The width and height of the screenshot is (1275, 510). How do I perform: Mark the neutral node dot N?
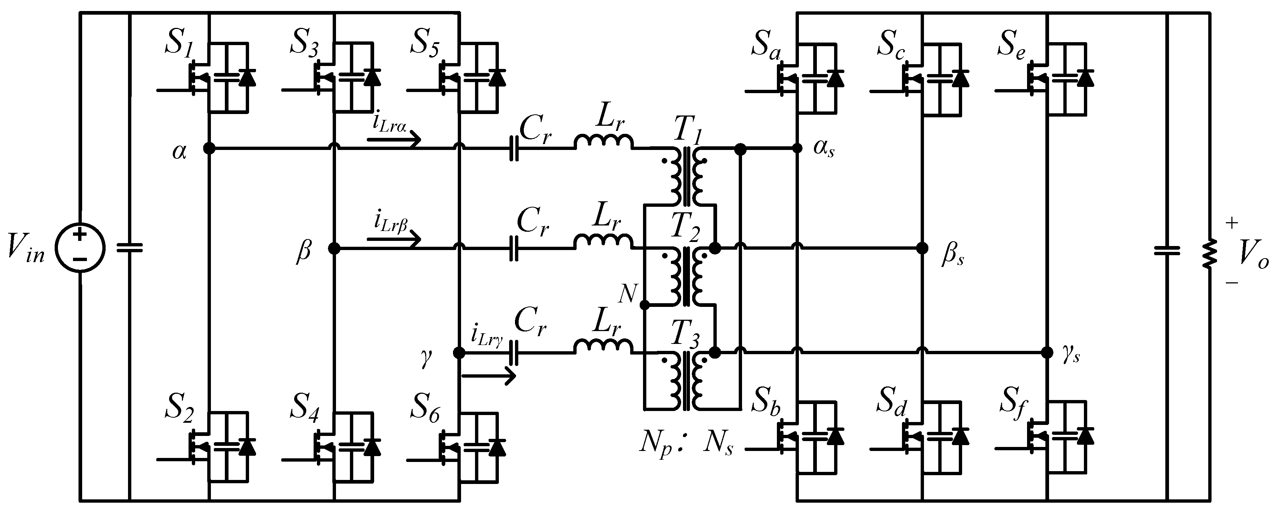[x=644, y=305]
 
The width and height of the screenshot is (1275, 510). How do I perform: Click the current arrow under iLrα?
[x=394, y=140]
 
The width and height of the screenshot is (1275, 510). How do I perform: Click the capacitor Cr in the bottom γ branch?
[x=514, y=353]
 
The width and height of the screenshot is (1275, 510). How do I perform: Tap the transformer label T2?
[x=686, y=228]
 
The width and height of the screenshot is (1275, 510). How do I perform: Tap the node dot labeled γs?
[x=1047, y=353]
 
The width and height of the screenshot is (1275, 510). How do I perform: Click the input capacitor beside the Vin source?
[x=130, y=247]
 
